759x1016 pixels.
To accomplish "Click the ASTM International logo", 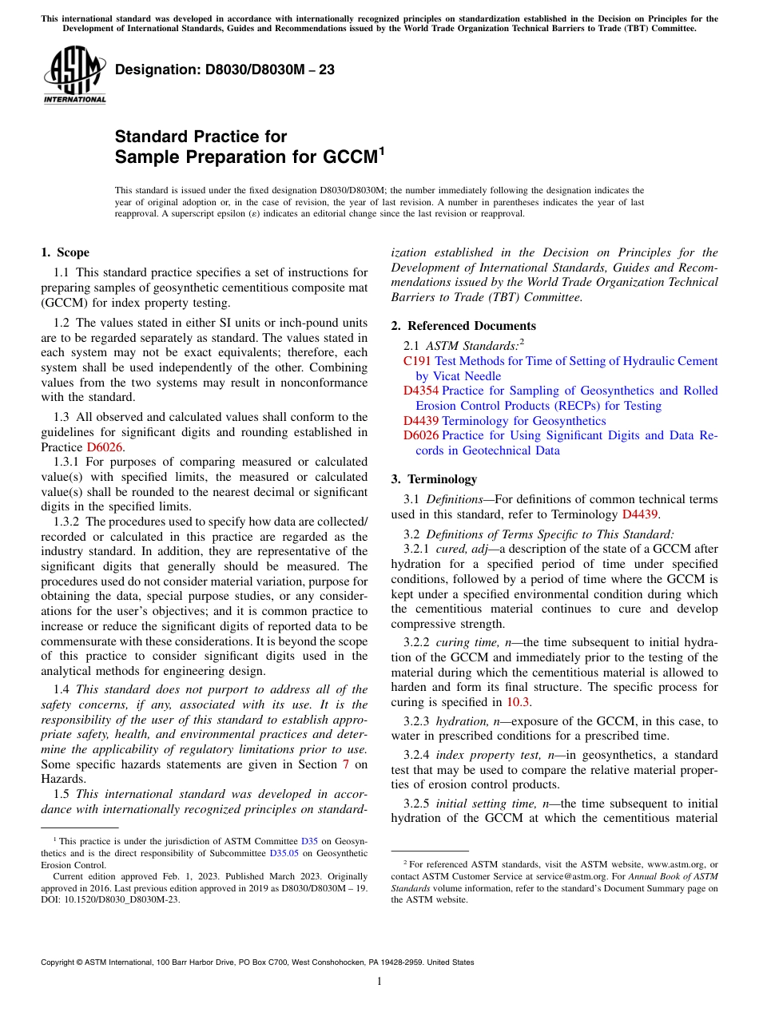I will click(x=74, y=76).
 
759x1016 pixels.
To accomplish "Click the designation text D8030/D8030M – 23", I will click(x=225, y=70).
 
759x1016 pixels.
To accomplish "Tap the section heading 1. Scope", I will click(x=65, y=252).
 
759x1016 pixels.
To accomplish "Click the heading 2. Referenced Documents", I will click(x=463, y=326).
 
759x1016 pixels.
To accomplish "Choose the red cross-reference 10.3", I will click(x=517, y=702).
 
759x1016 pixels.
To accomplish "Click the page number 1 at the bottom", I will click(x=379, y=981).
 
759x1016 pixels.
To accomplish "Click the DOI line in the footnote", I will click(x=110, y=899).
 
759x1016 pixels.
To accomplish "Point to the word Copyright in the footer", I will click(x=61, y=962).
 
